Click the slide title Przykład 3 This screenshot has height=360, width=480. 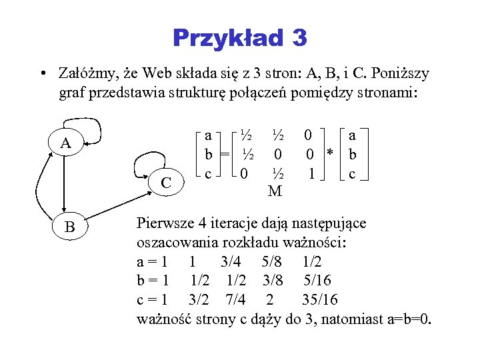click(x=240, y=37)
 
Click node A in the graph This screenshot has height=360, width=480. click(x=65, y=143)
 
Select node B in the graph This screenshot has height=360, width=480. click(x=69, y=228)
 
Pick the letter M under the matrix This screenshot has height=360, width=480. click(x=275, y=192)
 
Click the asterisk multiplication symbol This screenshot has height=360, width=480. click(x=329, y=155)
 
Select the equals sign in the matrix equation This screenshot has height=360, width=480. click(x=225, y=155)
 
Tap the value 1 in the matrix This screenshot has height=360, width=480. click(x=309, y=174)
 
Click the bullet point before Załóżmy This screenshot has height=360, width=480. click(x=42, y=73)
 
